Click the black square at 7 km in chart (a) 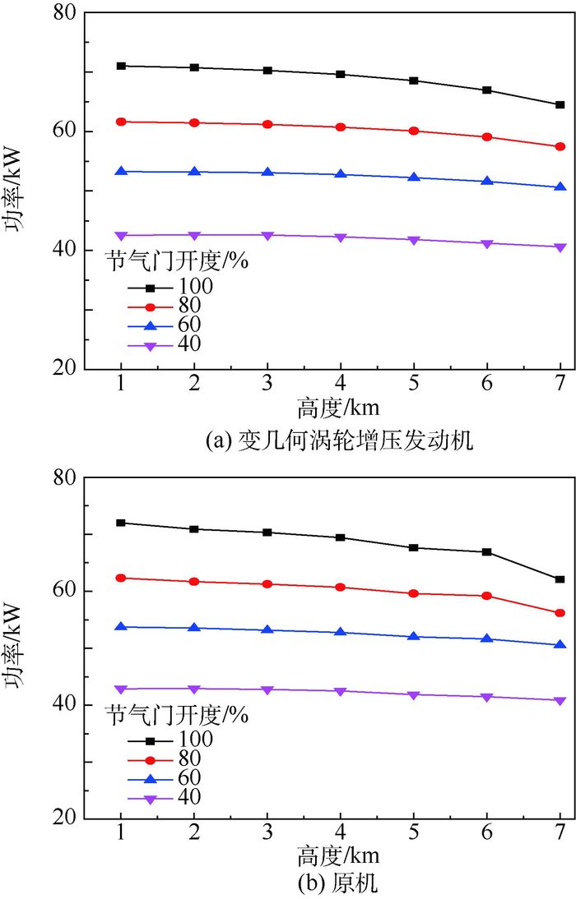(x=560, y=105)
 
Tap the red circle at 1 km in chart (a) (x=121, y=122)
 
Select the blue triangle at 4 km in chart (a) (x=341, y=174)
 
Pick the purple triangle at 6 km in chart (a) (x=487, y=244)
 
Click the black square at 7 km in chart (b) (x=560, y=579)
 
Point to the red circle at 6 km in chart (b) (x=487, y=596)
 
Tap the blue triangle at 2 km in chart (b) (x=194, y=628)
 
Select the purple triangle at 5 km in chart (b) (x=414, y=695)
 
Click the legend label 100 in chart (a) (x=194, y=286)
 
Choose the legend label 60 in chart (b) (x=188, y=777)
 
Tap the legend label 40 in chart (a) (x=188, y=343)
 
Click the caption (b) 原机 (x=340, y=885)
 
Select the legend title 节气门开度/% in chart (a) (x=177, y=263)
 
